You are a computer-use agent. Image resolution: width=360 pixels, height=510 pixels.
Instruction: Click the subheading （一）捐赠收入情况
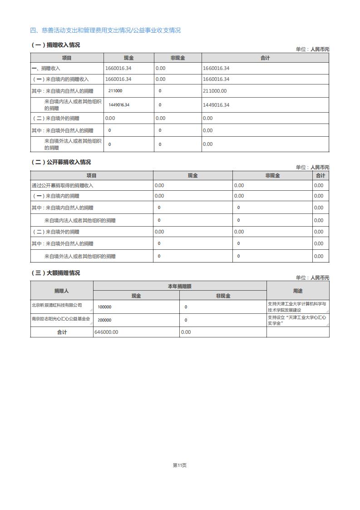click(55, 45)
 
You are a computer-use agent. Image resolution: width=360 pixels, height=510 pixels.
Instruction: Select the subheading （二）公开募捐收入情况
click(61, 162)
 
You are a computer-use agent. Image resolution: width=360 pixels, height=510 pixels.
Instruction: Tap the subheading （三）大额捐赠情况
click(55, 273)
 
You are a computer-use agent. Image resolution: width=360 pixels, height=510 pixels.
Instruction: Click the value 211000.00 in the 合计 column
click(215, 91)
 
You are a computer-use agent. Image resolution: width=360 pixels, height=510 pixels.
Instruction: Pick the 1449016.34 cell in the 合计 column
click(216, 105)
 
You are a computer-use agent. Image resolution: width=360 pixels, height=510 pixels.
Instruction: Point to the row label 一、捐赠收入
click(46, 69)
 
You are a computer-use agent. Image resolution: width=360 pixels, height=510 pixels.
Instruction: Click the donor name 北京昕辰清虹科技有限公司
click(57, 305)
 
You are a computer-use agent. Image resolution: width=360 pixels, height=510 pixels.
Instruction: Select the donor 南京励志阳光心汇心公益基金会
click(61, 319)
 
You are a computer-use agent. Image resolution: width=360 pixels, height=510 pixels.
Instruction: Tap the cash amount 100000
click(104, 307)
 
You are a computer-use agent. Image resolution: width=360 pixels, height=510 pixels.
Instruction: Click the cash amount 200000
click(104, 320)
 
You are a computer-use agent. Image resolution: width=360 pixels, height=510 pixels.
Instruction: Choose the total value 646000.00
click(106, 332)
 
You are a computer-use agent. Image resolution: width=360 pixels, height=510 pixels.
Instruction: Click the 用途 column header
click(298, 291)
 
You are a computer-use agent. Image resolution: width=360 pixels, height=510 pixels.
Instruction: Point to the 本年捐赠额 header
click(180, 287)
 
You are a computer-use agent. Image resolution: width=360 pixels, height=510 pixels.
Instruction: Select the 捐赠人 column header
click(62, 291)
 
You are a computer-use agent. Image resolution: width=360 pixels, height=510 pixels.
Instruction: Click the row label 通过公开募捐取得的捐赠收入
click(63, 185)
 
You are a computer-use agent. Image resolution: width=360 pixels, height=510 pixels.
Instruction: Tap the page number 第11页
click(180, 465)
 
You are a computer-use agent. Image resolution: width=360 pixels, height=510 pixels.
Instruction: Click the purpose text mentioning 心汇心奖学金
click(297, 320)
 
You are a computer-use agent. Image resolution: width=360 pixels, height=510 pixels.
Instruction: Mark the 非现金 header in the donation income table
click(178, 58)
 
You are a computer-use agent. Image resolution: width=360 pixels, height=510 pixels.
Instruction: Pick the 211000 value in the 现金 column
click(115, 91)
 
